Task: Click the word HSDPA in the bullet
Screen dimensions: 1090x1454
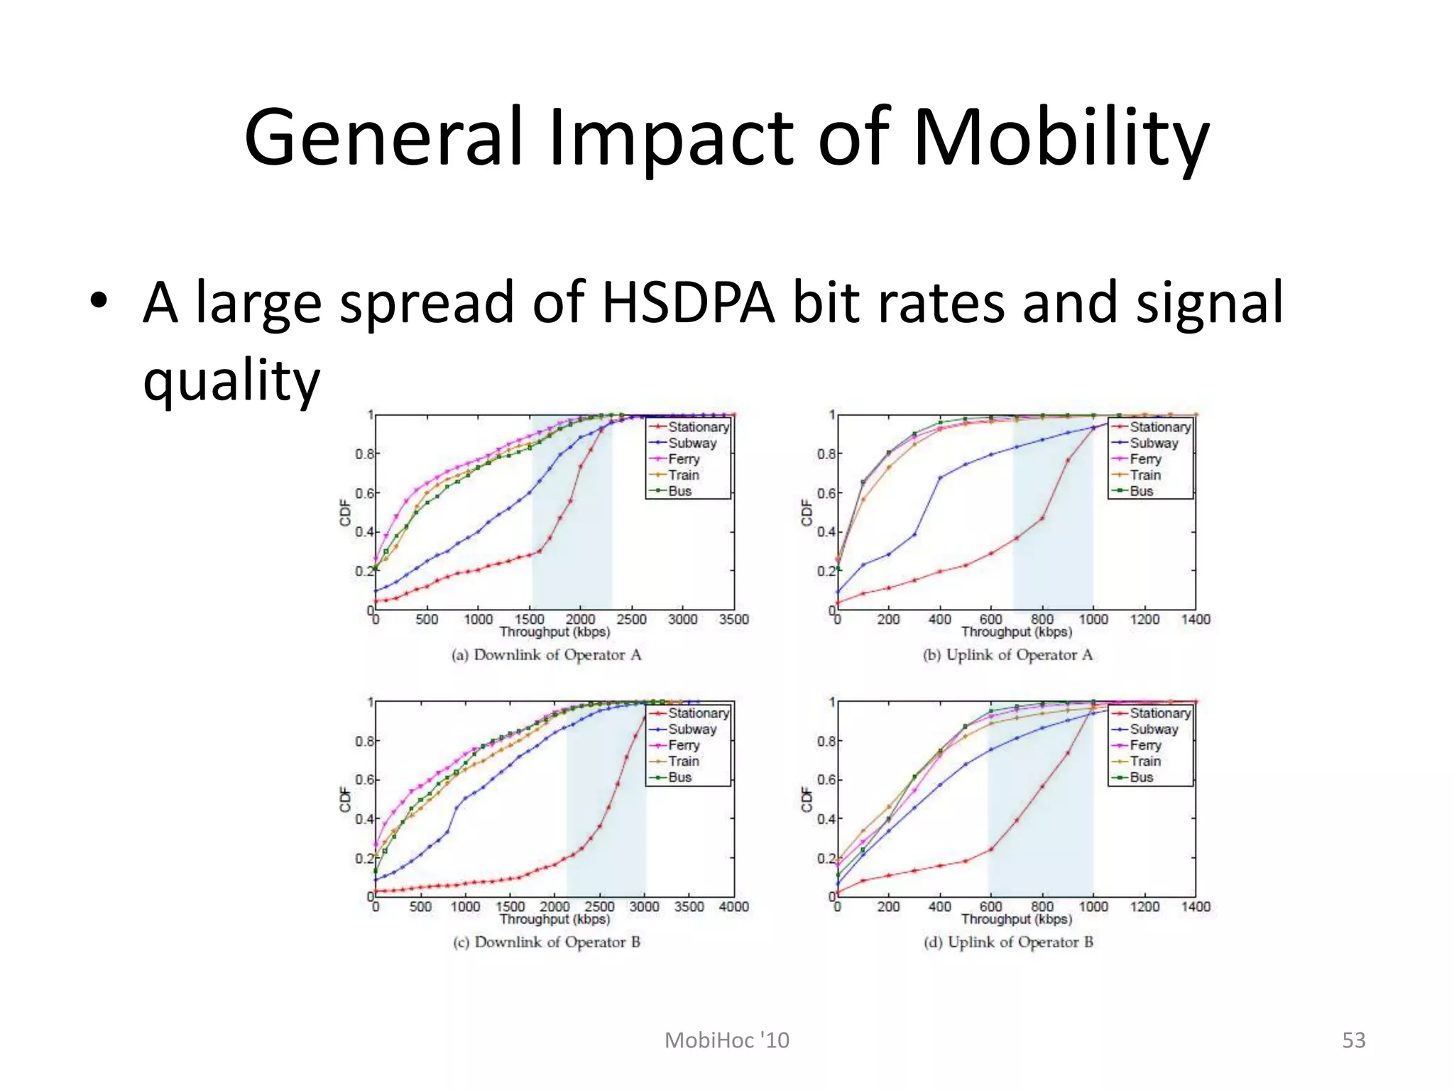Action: (x=687, y=303)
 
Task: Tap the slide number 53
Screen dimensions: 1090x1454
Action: (x=1353, y=1040)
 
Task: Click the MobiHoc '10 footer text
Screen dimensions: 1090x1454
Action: (x=726, y=1040)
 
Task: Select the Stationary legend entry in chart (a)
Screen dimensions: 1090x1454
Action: (x=697, y=427)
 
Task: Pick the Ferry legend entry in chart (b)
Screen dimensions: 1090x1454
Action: (x=1145, y=459)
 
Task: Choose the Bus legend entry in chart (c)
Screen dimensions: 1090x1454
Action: (x=679, y=777)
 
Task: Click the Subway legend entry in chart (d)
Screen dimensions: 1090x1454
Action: (x=1153, y=729)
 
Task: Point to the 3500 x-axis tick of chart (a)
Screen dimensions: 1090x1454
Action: (x=733, y=620)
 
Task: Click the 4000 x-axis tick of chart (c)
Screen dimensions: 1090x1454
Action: (x=733, y=906)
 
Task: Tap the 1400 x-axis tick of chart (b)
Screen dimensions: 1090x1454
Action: (x=1196, y=620)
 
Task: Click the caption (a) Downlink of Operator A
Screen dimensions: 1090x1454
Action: (x=547, y=655)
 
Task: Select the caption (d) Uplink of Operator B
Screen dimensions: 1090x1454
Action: (x=1008, y=942)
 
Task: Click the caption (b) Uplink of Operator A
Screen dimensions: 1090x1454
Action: (x=1008, y=655)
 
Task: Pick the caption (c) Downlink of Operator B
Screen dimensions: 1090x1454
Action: (x=547, y=942)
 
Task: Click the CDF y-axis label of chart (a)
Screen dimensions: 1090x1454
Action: (x=346, y=512)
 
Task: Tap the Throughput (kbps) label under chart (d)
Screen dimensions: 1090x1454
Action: (x=1017, y=919)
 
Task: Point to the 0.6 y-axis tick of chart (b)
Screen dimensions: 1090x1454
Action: (x=825, y=493)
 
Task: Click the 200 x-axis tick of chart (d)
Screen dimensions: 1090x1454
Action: (x=888, y=906)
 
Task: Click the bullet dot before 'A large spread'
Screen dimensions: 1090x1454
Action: (x=99, y=302)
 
